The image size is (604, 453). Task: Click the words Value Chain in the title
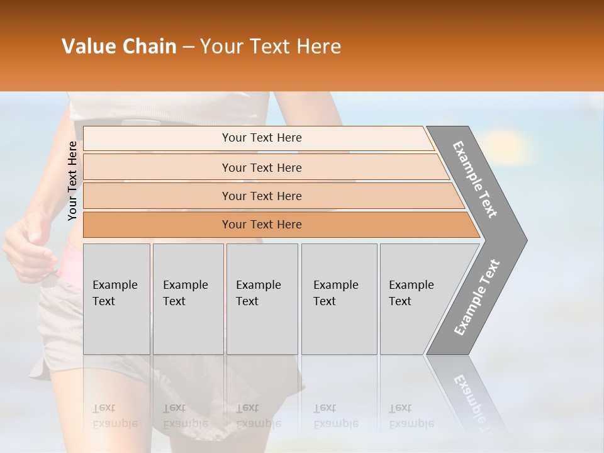(x=119, y=47)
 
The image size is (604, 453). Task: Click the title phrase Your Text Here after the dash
(x=271, y=47)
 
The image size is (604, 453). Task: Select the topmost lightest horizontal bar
(x=261, y=138)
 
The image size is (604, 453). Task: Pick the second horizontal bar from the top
(x=261, y=167)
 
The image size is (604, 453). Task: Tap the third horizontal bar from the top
(x=261, y=196)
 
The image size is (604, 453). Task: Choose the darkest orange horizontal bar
(x=261, y=225)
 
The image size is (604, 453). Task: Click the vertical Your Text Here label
(x=72, y=181)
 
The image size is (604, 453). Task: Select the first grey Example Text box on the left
(x=116, y=298)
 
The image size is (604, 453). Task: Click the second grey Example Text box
(x=187, y=298)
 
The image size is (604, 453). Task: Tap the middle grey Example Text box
(x=262, y=298)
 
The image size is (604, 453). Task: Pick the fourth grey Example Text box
(x=338, y=298)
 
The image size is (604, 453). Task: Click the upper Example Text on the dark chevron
(x=476, y=179)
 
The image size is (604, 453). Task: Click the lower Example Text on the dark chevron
(x=477, y=297)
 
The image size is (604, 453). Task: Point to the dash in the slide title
(x=188, y=47)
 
